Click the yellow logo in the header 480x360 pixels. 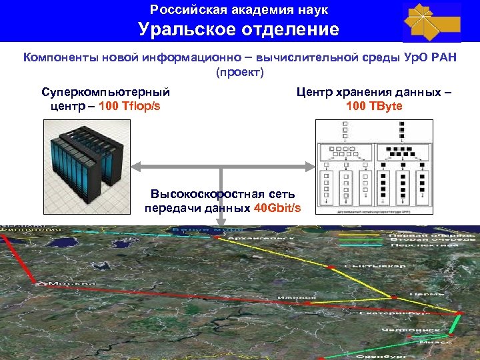431,21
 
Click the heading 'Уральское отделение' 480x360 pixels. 239,29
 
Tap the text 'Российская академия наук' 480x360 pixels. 239,10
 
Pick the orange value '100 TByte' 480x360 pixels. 374,105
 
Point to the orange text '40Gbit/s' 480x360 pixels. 277,208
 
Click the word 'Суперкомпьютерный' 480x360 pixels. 105,92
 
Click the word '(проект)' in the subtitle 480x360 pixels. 239,71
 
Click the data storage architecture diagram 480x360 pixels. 374,167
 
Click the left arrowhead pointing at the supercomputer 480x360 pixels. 133,165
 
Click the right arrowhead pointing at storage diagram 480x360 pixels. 309,165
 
